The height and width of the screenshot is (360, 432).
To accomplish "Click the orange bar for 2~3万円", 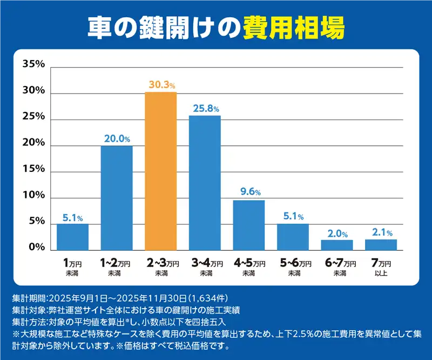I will pyautogui.click(x=160, y=171).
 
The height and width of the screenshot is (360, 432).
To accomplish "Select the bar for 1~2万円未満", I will pyautogui.click(x=117, y=198).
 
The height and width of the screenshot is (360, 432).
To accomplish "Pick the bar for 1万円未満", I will pyautogui.click(x=72, y=237).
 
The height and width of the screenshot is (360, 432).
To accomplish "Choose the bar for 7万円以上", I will pyautogui.click(x=381, y=244).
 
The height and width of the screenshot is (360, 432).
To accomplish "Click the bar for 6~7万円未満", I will pyautogui.click(x=337, y=245).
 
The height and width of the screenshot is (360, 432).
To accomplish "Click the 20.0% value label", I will pyautogui.click(x=117, y=138).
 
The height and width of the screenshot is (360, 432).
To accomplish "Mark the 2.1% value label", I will pyautogui.click(x=381, y=232).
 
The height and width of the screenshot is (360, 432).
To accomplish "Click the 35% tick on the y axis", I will pyautogui.click(x=33, y=64).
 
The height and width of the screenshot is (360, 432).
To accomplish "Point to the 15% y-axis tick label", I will pyautogui.click(x=33, y=169).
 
